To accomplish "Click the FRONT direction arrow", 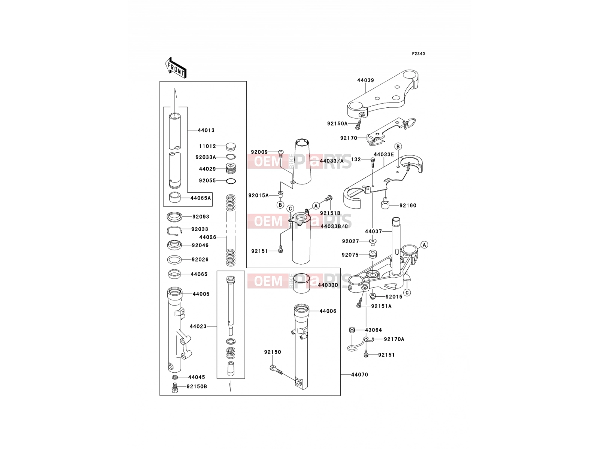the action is click(176, 68).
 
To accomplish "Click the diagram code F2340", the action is click(418, 54).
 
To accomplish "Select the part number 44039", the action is click(365, 80).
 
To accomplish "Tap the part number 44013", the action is click(206, 130).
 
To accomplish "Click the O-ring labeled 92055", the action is click(231, 181).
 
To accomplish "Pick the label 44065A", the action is click(201, 198).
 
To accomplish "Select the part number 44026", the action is click(207, 237).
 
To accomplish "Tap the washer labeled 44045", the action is click(175, 377).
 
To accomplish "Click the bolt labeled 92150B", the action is click(175, 388).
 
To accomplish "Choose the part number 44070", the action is click(359, 375).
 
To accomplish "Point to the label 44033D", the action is click(328, 285).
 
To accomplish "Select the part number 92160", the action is click(408, 205).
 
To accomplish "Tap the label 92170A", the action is click(394, 339).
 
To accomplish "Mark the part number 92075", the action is click(350, 255).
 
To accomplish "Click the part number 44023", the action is click(198, 326).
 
